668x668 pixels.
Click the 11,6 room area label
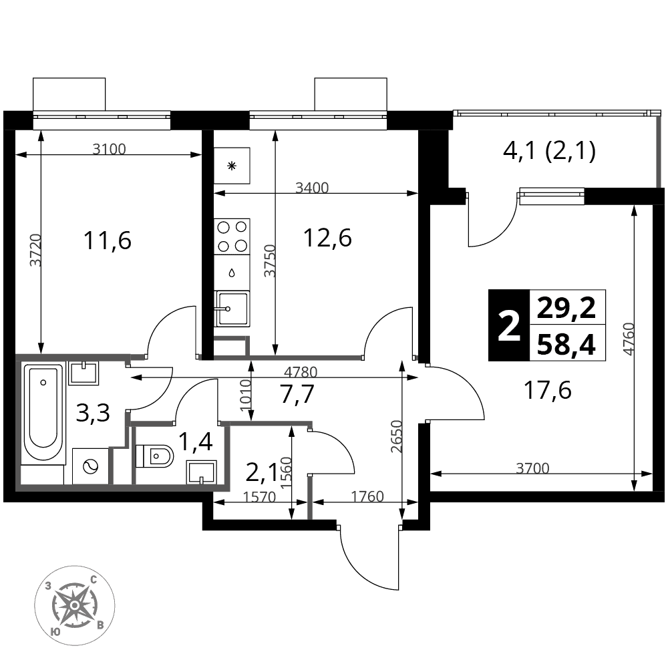point(108,240)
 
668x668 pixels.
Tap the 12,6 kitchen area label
point(327,238)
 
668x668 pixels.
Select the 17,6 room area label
point(548,390)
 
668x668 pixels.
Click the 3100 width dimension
point(110,149)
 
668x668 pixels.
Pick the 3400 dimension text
point(312,188)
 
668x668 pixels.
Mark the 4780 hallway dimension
point(301,372)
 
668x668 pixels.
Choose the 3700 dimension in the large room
point(532,468)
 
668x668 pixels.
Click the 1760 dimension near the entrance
point(367,496)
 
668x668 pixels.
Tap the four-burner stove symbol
point(232,236)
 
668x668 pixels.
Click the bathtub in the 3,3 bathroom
point(43,413)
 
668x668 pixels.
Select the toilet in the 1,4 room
point(155,456)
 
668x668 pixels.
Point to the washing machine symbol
point(90,466)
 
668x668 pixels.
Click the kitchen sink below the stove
point(232,309)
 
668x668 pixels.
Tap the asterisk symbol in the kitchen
point(232,166)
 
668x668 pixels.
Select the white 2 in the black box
point(508,325)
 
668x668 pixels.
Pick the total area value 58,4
point(566,344)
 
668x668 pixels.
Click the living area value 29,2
point(566,307)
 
